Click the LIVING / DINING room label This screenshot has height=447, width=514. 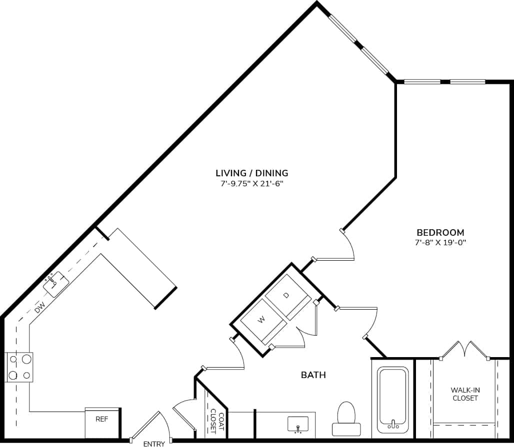click(251, 173)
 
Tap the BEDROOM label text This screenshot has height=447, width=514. click(440, 232)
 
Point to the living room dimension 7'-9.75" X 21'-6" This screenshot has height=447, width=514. click(251, 183)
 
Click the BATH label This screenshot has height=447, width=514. click(313, 375)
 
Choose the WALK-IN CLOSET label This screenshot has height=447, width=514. click(465, 394)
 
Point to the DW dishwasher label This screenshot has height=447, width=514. click(40, 307)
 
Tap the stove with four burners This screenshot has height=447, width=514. click(18, 367)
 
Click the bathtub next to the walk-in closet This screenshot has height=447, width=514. click(393, 400)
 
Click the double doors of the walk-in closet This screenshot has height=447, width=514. click(465, 350)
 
